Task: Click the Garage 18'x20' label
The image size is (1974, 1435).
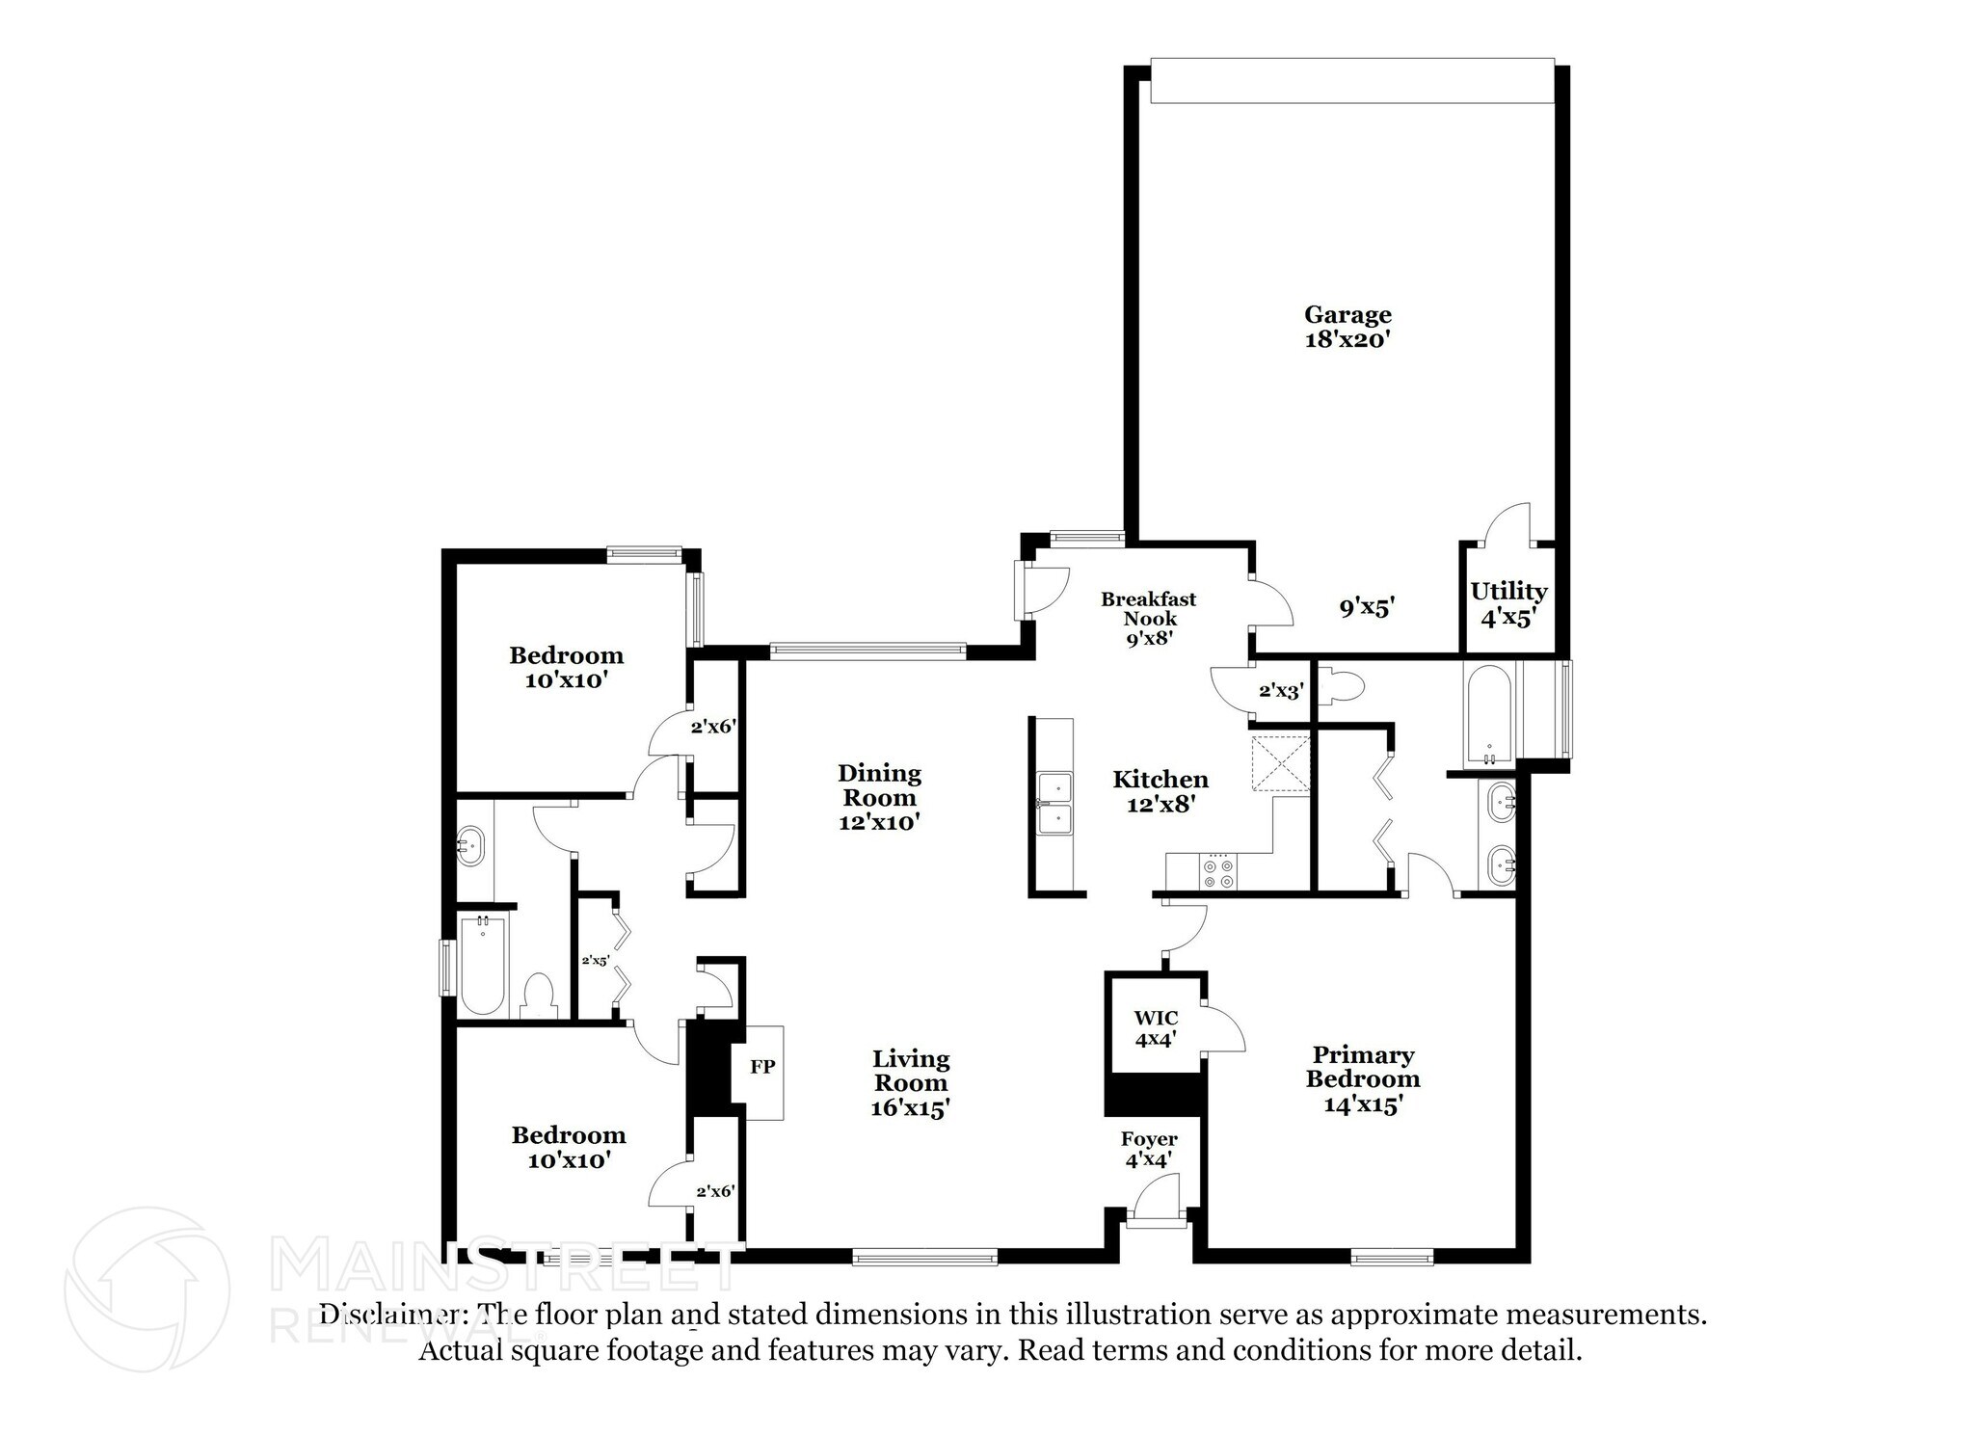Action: pyautogui.click(x=1347, y=327)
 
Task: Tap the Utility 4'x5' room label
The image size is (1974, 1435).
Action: pyautogui.click(x=1507, y=604)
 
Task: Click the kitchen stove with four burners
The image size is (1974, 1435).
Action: pyautogui.click(x=1217, y=873)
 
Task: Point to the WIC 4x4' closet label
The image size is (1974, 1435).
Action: pyautogui.click(x=1156, y=1028)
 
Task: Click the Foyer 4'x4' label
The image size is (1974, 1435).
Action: pyautogui.click(x=1149, y=1150)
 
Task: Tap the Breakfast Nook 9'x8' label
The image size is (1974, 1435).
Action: pyautogui.click(x=1149, y=618)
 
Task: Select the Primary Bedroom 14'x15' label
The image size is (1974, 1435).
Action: pyautogui.click(x=1362, y=1079)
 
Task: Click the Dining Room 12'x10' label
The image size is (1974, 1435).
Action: pyautogui.click(x=879, y=797)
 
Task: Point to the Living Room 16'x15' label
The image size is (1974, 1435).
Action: pyautogui.click(x=911, y=1083)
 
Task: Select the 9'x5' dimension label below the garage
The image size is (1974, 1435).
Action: pyautogui.click(x=1367, y=608)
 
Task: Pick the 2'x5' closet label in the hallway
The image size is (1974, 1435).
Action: pyautogui.click(x=595, y=960)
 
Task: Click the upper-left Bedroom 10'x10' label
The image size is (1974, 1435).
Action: pyautogui.click(x=566, y=667)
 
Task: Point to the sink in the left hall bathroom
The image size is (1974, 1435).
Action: pyautogui.click(x=471, y=842)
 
